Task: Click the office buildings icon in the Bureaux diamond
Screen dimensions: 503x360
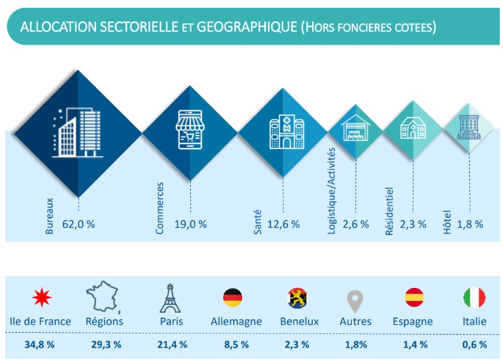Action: [x=78, y=132]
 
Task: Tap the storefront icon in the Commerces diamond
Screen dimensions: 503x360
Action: [x=190, y=130]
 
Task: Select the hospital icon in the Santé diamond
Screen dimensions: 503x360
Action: [x=287, y=132]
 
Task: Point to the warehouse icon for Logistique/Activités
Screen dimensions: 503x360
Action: [x=356, y=128]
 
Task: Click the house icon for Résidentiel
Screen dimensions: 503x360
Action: [x=413, y=128]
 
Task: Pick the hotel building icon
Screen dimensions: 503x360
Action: [x=469, y=127]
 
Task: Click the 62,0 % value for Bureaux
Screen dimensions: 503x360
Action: [x=79, y=224]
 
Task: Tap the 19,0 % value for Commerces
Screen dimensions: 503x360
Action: [x=191, y=224]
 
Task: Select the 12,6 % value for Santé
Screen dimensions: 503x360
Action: [x=284, y=224]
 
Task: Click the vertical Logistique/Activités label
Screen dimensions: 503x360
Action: [x=332, y=191]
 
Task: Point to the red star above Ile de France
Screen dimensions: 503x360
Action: [x=42, y=297]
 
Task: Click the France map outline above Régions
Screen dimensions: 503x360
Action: [x=103, y=297]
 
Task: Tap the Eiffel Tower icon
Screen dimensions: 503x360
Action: [x=170, y=298]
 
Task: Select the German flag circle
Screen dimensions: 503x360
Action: [x=232, y=298]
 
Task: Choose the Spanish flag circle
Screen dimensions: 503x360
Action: [x=414, y=297]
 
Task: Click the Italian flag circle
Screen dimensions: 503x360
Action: [x=474, y=298]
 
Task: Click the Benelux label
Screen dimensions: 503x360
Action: [x=299, y=321]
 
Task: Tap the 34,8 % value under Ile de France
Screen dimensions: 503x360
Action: [x=40, y=344]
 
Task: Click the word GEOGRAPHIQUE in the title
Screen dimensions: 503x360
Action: [x=247, y=27]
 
